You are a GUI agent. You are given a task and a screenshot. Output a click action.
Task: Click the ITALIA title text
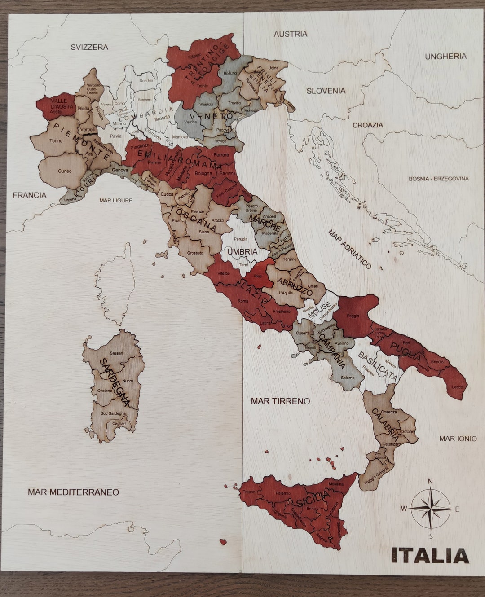tap(430, 556)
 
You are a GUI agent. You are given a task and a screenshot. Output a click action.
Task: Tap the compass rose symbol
tap(430, 509)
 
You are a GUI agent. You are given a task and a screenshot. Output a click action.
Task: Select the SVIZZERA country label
tap(89, 47)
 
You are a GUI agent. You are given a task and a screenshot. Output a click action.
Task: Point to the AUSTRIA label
tap(291, 34)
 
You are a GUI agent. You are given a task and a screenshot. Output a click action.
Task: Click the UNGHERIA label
tap(445, 57)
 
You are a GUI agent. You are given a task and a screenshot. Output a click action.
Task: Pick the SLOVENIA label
tap(326, 91)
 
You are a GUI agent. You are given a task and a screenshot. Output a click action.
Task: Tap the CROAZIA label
tap(367, 125)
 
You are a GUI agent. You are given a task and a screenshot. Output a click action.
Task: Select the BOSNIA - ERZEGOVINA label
tap(438, 179)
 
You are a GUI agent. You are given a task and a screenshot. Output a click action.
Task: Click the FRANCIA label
tap(30, 195)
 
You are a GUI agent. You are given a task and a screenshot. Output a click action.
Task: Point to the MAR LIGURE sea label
tap(116, 200)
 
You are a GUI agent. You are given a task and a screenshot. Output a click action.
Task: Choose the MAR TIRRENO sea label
tap(280, 401)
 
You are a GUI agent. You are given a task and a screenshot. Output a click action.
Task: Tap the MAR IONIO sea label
tap(458, 439)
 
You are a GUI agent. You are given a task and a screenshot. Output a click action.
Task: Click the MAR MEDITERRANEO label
tap(73, 492)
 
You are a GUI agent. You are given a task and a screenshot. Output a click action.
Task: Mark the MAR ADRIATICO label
tap(349, 249)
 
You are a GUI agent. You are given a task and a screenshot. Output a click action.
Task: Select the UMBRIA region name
tap(242, 252)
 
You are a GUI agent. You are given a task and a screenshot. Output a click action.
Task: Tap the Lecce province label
tap(457, 386)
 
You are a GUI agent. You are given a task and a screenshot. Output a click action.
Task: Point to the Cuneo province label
tap(65, 171)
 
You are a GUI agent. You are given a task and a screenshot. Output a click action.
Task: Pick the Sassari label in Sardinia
tap(116, 353)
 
